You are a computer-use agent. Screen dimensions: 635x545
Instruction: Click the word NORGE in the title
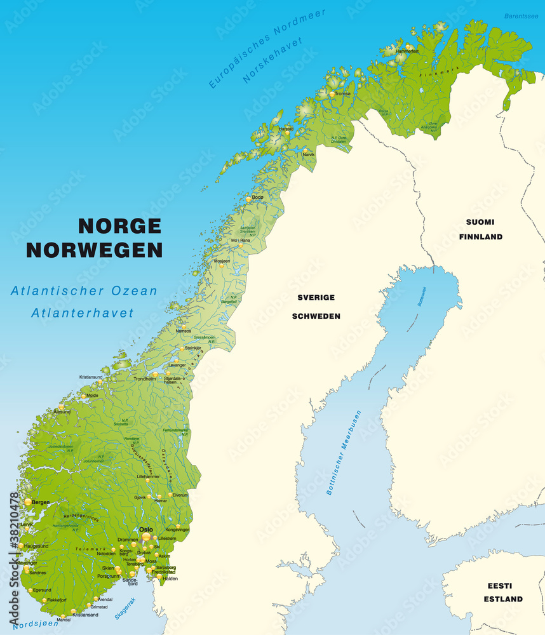(x=119, y=225)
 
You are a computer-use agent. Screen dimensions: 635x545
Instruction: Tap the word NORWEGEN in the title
(x=94, y=250)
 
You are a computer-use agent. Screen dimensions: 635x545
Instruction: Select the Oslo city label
(x=146, y=529)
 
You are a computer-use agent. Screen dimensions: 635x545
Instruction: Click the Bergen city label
(x=40, y=502)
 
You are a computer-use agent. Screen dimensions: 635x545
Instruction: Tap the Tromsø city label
(x=342, y=93)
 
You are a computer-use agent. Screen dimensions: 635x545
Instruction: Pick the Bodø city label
(x=257, y=197)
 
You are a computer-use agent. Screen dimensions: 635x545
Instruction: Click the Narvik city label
(x=309, y=154)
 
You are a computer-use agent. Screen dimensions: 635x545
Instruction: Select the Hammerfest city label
(x=407, y=50)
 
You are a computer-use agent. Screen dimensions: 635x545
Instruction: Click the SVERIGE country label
(x=316, y=297)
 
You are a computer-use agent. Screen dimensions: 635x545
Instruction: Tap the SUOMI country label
(x=480, y=222)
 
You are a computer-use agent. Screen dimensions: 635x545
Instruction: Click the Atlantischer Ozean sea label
(x=84, y=291)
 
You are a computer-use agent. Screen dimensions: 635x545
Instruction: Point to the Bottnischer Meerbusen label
(x=344, y=452)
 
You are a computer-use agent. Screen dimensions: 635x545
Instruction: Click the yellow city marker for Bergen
(x=27, y=502)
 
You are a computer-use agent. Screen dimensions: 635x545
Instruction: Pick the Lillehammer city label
(x=148, y=476)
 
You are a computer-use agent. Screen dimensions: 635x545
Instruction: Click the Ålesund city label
(x=62, y=411)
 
